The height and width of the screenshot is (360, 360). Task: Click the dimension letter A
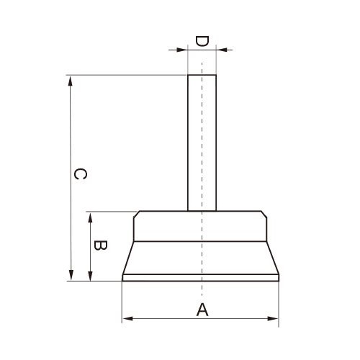pos(202,310)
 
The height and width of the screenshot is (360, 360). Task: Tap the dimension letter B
pos(100,245)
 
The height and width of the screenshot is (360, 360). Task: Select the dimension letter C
pos(80,174)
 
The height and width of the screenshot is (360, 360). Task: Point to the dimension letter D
pos(202,41)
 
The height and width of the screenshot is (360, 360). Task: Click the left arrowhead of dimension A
pos(127,319)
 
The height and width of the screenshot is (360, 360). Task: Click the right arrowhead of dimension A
pos(273,319)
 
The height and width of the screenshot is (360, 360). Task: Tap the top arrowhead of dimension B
pos(90,217)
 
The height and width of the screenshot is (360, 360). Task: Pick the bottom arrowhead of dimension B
pos(90,276)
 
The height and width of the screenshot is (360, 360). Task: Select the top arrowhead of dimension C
pos(71,81)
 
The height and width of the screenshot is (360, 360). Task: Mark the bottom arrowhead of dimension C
pos(71,275)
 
